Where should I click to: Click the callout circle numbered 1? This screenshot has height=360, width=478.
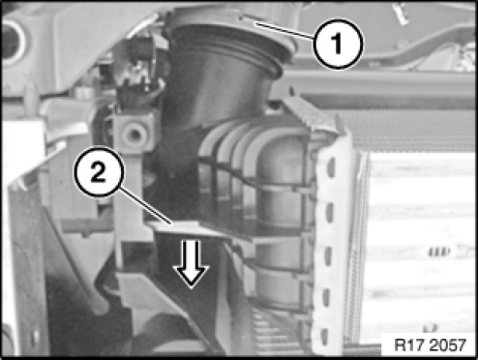[338, 44]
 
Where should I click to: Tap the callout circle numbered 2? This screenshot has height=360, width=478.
[99, 171]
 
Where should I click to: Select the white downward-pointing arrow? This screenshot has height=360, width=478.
[191, 263]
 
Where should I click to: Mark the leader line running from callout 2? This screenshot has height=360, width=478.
[146, 206]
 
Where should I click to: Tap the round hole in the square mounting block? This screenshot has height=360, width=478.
[134, 134]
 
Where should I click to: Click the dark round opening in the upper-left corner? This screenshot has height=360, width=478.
[11, 42]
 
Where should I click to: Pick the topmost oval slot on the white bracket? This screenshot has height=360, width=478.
[330, 166]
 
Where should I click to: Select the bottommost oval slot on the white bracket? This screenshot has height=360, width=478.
[325, 337]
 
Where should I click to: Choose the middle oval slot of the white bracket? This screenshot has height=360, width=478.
[328, 255]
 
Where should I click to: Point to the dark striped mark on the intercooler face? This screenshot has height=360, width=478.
[439, 252]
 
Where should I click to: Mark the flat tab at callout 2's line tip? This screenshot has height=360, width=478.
[191, 229]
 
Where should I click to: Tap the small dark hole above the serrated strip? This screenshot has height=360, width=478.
[292, 91]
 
